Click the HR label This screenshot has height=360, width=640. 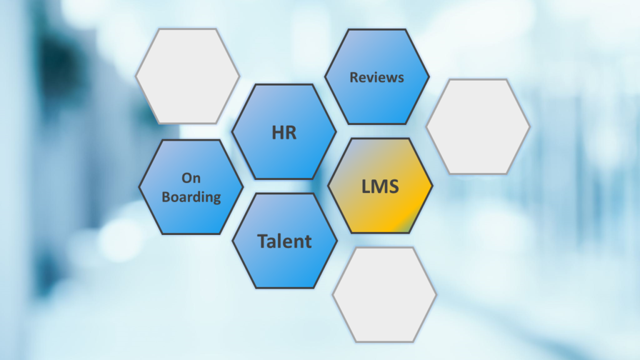click(x=284, y=132)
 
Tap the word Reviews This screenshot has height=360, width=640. click(x=377, y=77)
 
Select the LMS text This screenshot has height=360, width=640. click(x=380, y=186)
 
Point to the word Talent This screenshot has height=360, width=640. click(x=284, y=241)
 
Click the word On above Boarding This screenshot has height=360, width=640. click(x=191, y=178)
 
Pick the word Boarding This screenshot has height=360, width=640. click(x=191, y=196)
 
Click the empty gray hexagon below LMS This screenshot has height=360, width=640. click(x=384, y=294)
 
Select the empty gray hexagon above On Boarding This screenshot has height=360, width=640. click(x=187, y=76)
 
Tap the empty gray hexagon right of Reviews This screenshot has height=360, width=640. click(x=478, y=126)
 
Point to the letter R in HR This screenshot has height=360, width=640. click(x=291, y=132)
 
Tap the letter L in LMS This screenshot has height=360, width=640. click(x=366, y=186)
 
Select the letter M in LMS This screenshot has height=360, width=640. click(x=379, y=186)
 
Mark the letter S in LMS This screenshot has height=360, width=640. click(x=393, y=186)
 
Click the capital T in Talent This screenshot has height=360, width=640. click(x=262, y=241)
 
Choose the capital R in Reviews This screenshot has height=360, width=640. click(x=354, y=77)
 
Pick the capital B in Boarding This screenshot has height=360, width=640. click(x=166, y=196)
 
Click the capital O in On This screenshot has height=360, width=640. click(x=186, y=178)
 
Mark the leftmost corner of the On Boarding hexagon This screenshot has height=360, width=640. click(x=139, y=187)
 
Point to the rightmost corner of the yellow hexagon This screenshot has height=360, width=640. click(x=432, y=186)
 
